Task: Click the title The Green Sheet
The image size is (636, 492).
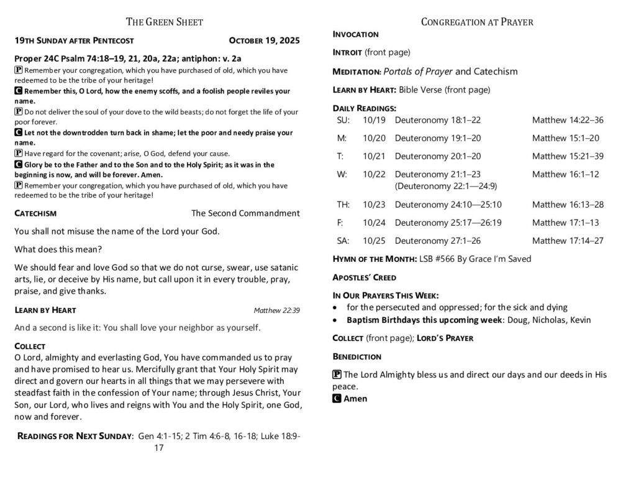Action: pyautogui.click(x=165, y=22)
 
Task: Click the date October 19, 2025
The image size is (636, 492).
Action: pyautogui.click(x=264, y=41)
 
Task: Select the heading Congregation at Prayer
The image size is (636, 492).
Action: pyautogui.click(x=477, y=22)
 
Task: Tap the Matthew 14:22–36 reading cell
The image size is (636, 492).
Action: pyautogui.click(x=567, y=120)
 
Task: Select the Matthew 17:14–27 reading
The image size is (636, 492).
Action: pyautogui.click(x=567, y=241)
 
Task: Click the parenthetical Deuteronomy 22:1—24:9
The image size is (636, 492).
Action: pyautogui.click(x=445, y=186)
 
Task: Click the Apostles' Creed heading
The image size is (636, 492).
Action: pyautogui.click(x=365, y=277)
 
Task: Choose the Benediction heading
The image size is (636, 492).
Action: pyautogui.click(x=357, y=357)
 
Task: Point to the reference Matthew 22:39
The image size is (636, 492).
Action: pyautogui.click(x=276, y=310)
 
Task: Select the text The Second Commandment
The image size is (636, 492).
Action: pyautogui.click(x=245, y=213)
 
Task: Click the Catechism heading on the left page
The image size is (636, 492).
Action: pyautogui.click(x=35, y=213)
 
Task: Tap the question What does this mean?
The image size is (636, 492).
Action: pyautogui.click(x=58, y=249)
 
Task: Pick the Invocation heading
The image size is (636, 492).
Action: pyautogui.click(x=356, y=34)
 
